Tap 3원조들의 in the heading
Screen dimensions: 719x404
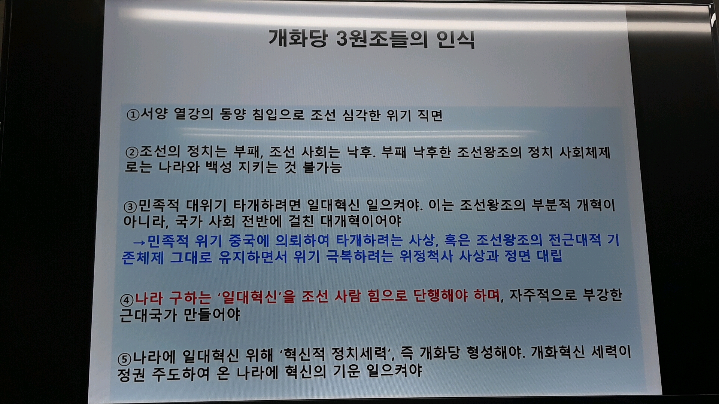(382, 39)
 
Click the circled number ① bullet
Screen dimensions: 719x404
(133, 115)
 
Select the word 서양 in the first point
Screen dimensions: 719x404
(154, 114)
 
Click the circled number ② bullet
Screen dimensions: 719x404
(132, 152)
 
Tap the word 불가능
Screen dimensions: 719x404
(322, 167)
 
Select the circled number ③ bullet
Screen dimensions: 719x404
(130, 206)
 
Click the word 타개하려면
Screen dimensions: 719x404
(267, 205)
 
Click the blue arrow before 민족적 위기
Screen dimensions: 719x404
(139, 242)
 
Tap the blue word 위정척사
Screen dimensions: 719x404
(426, 256)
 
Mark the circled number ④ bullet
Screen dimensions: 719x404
(127, 300)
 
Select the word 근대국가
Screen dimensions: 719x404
(148, 315)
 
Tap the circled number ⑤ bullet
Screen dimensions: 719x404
(125, 359)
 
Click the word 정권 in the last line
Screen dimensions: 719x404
(131, 374)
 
